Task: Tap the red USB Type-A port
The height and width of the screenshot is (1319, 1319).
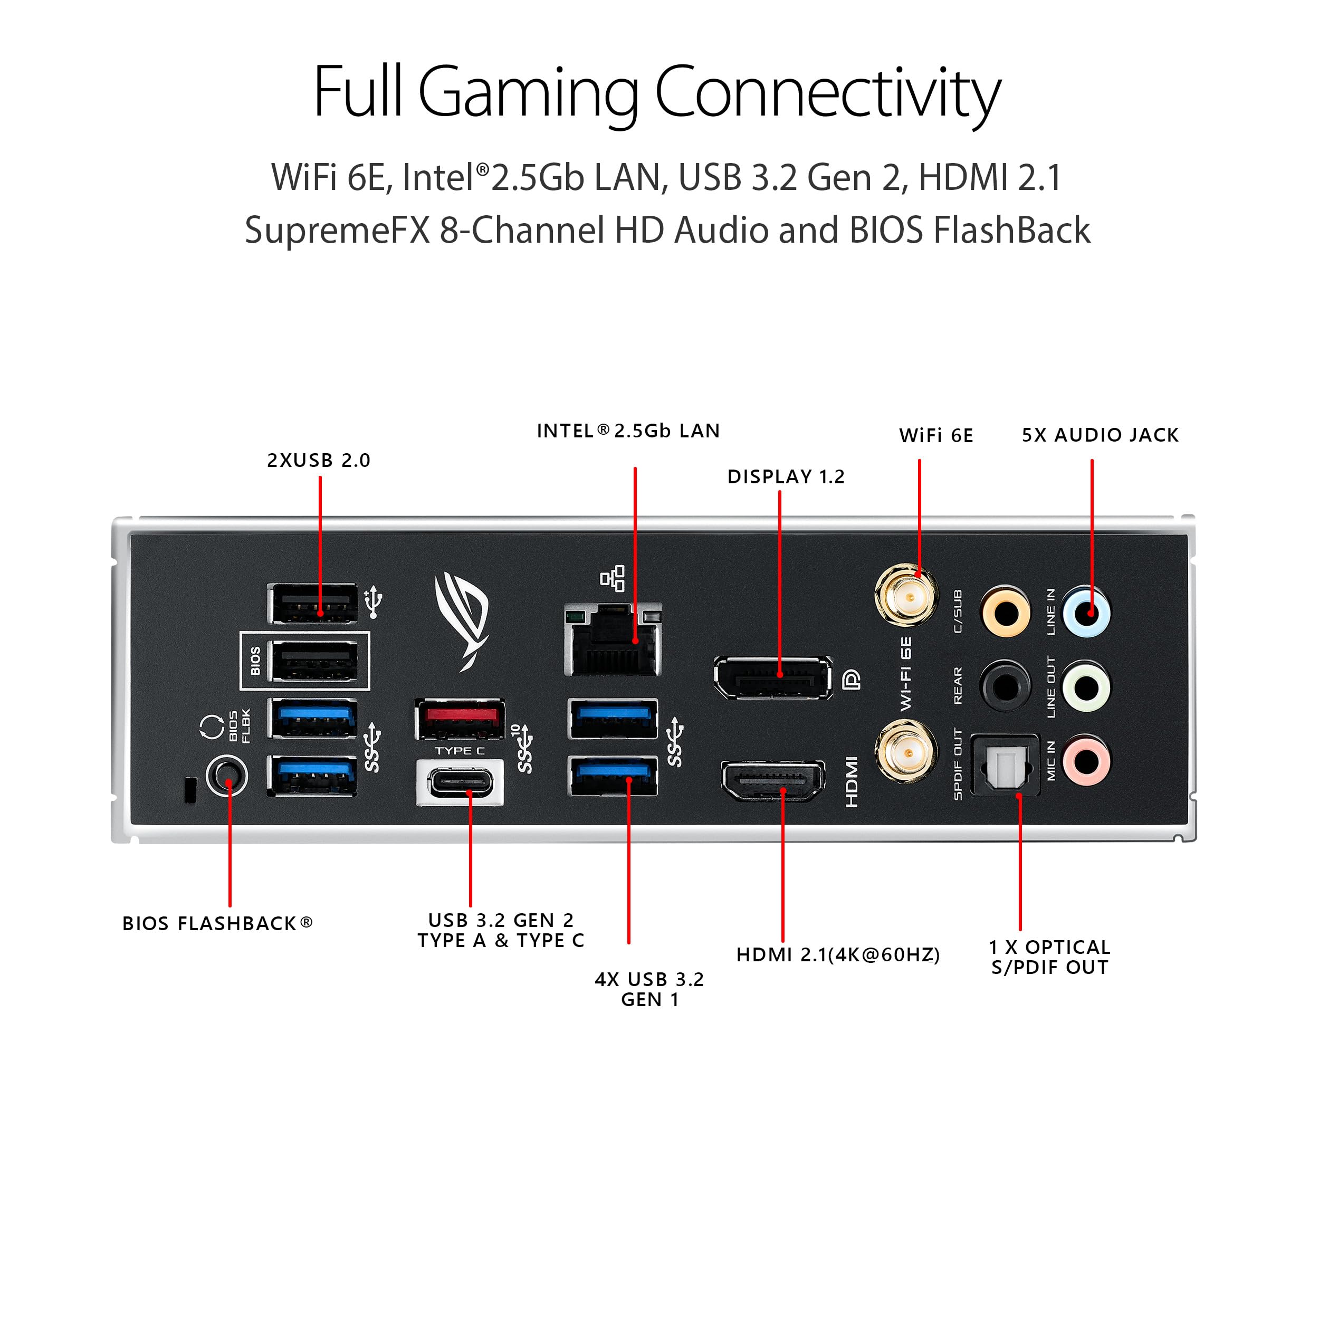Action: [x=460, y=720]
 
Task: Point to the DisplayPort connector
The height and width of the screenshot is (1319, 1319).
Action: [x=773, y=678]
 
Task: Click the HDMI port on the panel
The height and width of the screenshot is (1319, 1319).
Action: [x=773, y=781]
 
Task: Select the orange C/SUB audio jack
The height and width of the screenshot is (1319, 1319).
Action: [x=1005, y=611]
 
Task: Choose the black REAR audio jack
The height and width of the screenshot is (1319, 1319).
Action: [x=1005, y=685]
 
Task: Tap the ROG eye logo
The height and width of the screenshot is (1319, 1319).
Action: [x=463, y=618]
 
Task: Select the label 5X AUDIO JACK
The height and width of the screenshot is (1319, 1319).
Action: [x=1099, y=435]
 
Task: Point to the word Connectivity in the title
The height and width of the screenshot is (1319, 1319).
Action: [x=827, y=92]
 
